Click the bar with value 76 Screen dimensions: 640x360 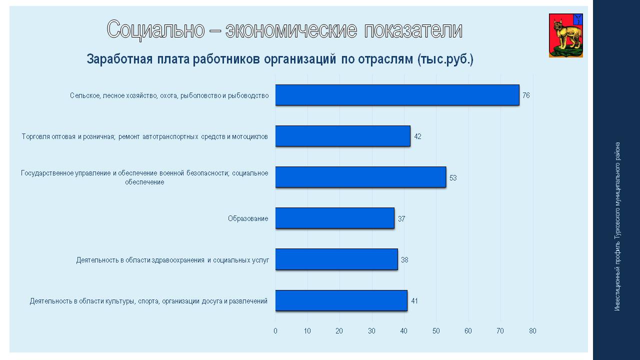click(397, 95)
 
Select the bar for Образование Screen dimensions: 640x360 click(335, 218)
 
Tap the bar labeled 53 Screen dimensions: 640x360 click(360, 177)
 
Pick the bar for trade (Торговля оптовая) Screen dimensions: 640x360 click(343, 136)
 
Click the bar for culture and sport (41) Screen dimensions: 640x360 click(341, 300)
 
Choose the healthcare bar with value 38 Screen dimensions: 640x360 click(336, 259)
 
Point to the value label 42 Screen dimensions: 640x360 click(417, 136)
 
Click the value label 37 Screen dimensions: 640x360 click(401, 219)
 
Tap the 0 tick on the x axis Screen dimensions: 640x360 click(275, 331)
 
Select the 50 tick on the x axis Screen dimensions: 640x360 click(436, 331)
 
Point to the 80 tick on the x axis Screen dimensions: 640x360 click(532, 331)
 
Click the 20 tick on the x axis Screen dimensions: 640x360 click(339, 331)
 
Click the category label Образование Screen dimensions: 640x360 click(248, 218)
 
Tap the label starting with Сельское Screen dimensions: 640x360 click(169, 95)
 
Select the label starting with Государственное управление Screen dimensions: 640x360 click(144, 177)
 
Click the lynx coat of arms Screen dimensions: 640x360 click(565, 35)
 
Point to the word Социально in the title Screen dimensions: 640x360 click(155, 29)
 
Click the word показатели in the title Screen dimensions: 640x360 click(413, 29)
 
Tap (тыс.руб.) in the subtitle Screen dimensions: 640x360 click(445, 59)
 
